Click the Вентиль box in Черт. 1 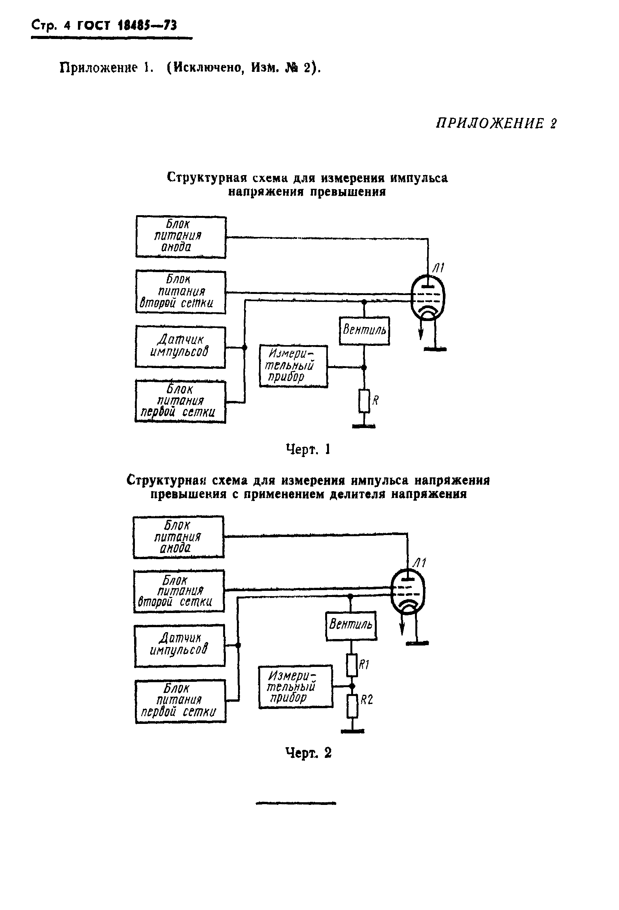coord(364,331)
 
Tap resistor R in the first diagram coord(364,401)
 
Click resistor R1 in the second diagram coord(352,665)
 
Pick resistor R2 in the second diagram coord(352,706)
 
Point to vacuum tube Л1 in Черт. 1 coord(428,298)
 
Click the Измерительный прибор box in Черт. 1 coord(293,366)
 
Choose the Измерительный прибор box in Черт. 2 coord(295,686)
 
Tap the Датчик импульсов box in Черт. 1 coord(180,347)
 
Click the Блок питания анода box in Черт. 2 coord(178,537)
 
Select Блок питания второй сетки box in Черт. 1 coord(180,292)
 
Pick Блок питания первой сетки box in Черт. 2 coord(180,701)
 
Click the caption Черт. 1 coord(308,449)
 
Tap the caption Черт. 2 coord(308,753)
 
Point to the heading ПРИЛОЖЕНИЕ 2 coord(496,123)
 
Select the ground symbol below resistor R coord(364,426)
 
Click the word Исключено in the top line coord(207,68)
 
